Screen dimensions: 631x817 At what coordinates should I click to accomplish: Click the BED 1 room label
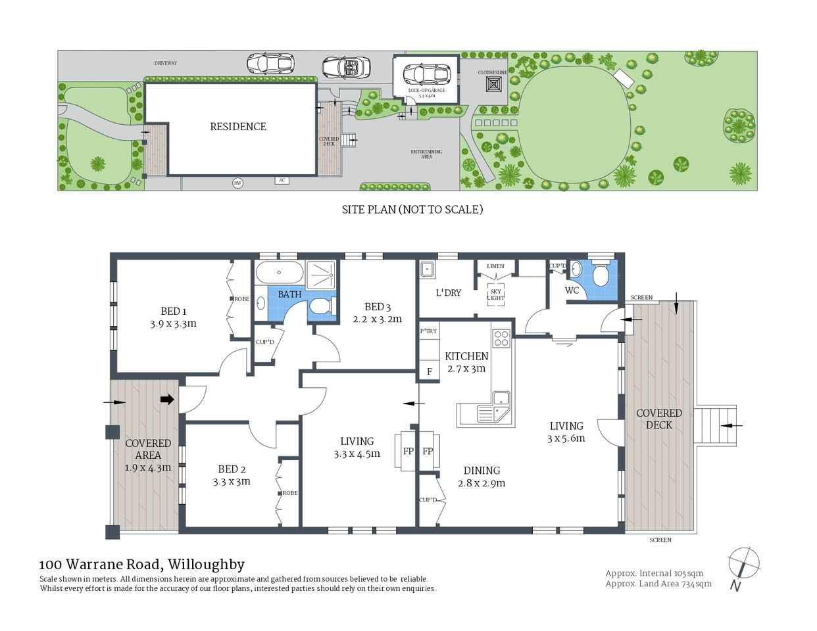pyautogui.click(x=174, y=311)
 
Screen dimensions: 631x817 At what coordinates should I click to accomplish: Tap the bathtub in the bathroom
pyautogui.click(x=279, y=272)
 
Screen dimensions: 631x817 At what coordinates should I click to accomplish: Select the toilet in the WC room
pyautogui.click(x=600, y=275)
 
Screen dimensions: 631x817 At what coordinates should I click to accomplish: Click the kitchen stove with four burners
pyautogui.click(x=501, y=338)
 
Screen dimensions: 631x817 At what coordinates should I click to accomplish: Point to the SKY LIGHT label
pyautogui.click(x=495, y=294)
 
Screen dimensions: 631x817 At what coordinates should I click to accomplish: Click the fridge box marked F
pyautogui.click(x=429, y=371)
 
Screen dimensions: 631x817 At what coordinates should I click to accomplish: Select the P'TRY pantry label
pyautogui.click(x=428, y=331)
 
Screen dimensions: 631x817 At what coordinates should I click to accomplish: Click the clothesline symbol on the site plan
pyautogui.click(x=493, y=85)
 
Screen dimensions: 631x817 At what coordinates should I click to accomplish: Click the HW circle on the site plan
pyautogui.click(x=237, y=183)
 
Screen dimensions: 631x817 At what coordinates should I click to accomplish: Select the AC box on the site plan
pyautogui.click(x=282, y=180)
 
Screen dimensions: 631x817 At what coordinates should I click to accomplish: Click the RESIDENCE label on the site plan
pyautogui.click(x=238, y=126)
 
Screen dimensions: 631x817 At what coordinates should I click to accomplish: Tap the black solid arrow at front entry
pyautogui.click(x=167, y=399)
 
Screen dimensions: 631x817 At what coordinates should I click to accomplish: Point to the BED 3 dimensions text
pyautogui.click(x=377, y=319)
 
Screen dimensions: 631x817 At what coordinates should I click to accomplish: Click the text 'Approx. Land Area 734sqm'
pyautogui.click(x=658, y=584)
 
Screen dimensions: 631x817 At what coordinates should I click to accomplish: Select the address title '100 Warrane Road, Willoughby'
pyautogui.click(x=141, y=564)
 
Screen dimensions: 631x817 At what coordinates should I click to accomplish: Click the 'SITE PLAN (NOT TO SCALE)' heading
pyautogui.click(x=412, y=209)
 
